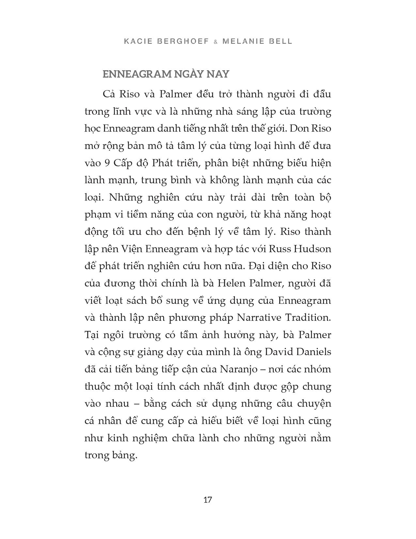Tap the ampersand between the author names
click(x=215, y=42)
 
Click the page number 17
click(x=208, y=500)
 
